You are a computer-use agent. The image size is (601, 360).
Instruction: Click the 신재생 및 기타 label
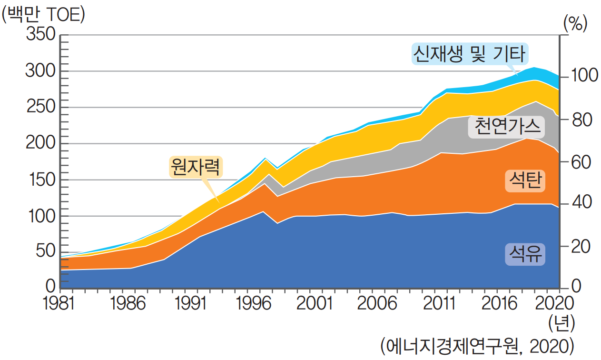(x=469, y=54)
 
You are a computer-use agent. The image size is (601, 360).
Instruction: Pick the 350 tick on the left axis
(x=43, y=35)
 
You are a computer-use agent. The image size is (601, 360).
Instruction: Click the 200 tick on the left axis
(x=43, y=143)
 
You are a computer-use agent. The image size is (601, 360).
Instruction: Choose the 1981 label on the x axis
(x=60, y=303)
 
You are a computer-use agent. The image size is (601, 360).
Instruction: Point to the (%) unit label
(x=575, y=23)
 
